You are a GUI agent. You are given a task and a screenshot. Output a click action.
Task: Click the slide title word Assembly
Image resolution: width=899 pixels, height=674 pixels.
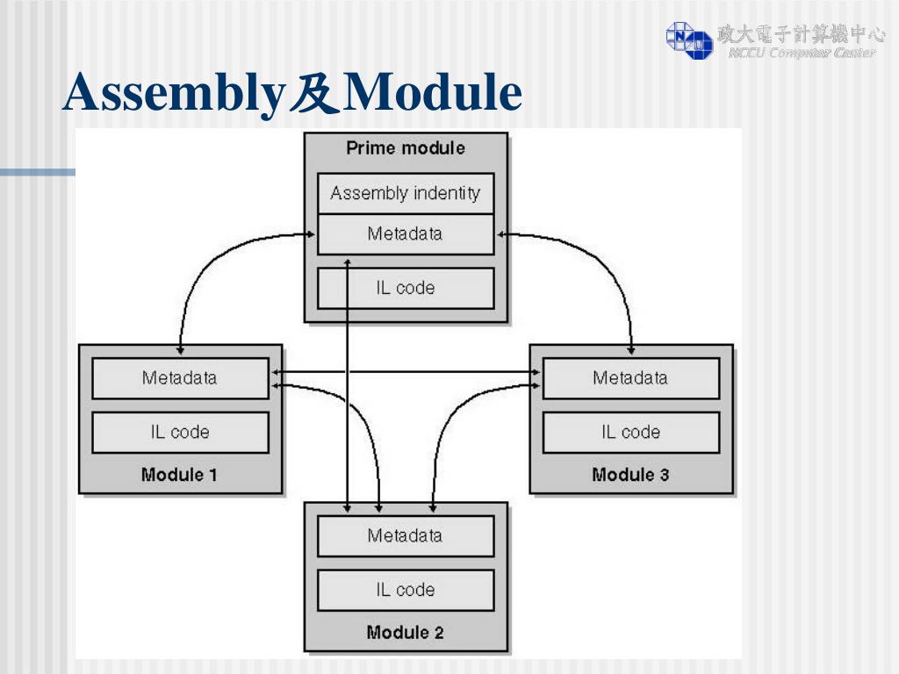tap(171, 94)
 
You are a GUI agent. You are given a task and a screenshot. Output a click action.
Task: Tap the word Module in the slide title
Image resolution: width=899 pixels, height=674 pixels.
tap(431, 94)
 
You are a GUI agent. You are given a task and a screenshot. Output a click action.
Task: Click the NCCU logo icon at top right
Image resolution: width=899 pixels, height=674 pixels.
tap(689, 39)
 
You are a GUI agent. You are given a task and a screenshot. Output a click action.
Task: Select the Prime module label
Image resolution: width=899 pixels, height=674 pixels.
tap(405, 148)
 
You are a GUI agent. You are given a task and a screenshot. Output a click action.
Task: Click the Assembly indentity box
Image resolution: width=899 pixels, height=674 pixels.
tap(405, 193)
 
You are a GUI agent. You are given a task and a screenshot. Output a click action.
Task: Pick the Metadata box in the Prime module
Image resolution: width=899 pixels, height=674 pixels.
tap(405, 234)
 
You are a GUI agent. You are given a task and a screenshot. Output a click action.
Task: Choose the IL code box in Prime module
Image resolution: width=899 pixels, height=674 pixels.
tap(405, 288)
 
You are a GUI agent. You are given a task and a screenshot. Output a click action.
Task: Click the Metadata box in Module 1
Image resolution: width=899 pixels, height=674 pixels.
tap(180, 378)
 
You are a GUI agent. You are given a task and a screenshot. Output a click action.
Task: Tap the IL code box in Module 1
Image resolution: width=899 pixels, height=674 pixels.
tap(180, 432)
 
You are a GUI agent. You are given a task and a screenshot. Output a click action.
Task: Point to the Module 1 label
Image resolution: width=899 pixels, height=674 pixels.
tap(179, 475)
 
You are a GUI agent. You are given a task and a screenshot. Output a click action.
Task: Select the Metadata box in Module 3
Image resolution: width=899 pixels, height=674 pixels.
tap(630, 378)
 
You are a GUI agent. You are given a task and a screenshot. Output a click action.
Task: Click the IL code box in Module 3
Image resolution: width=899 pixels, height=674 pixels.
tap(630, 432)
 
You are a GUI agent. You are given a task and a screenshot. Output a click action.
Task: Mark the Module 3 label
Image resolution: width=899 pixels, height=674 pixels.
tap(630, 475)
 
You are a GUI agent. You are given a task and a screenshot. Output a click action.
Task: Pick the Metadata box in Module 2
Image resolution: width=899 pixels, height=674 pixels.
tap(405, 535)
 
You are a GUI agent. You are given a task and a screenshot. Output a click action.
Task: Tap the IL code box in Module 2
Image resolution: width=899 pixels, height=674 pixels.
tap(405, 590)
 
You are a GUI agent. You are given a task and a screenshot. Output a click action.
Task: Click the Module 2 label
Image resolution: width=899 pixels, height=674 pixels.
tap(405, 633)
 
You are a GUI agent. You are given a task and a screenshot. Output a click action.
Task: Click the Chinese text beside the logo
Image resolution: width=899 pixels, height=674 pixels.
tap(801, 34)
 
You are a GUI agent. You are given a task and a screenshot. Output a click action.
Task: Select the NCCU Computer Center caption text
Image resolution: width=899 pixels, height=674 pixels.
tap(801, 54)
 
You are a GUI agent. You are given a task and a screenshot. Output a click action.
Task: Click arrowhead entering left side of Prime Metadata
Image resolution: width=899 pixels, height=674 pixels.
tap(312, 233)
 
